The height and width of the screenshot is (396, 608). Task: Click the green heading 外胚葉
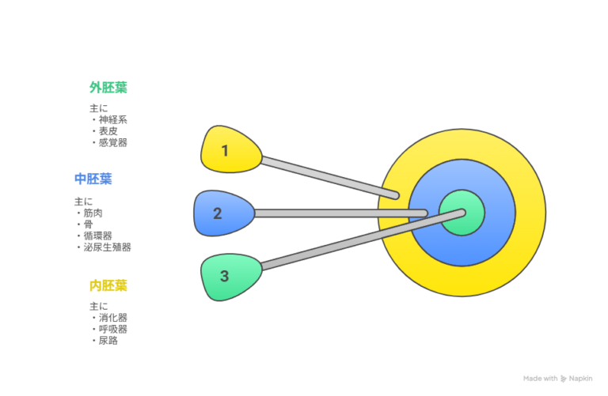point(108,88)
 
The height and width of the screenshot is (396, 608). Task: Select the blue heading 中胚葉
point(93,179)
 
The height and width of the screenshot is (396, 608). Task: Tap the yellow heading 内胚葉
point(108,285)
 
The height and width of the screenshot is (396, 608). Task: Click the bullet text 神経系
point(113,119)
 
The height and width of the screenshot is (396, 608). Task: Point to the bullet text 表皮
point(108,131)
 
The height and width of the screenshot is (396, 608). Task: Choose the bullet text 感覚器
point(113,142)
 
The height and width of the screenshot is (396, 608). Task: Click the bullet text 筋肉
point(93,213)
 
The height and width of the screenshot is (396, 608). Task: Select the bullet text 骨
point(89,224)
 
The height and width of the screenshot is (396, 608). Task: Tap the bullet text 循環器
point(97,236)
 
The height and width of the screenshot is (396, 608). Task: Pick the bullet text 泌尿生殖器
point(108,247)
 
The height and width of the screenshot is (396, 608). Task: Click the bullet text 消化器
point(113,318)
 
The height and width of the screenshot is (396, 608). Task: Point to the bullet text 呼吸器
point(113,329)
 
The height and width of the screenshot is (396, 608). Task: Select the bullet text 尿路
point(108,341)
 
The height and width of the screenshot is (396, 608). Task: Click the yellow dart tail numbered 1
point(230,149)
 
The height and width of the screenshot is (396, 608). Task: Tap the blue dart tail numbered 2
point(224,213)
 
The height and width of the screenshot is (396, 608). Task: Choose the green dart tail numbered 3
point(231,277)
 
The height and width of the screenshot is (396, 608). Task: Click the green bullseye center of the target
point(462,213)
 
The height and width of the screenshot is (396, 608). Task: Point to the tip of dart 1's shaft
point(397,196)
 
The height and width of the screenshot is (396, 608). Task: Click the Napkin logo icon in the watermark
point(564,379)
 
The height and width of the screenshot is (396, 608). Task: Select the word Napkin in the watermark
point(580,379)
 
